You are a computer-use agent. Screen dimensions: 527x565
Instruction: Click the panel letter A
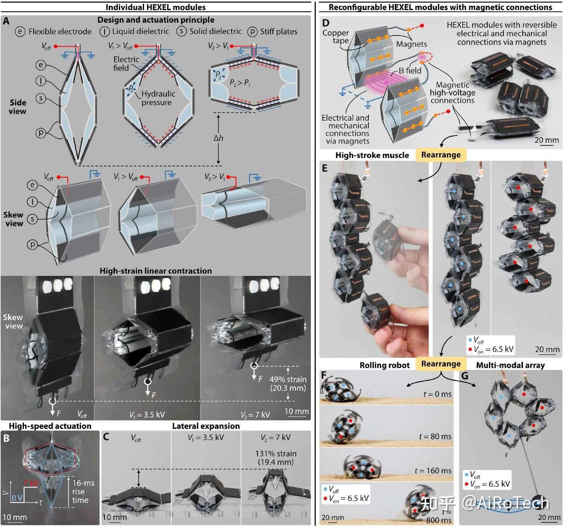tap(6, 21)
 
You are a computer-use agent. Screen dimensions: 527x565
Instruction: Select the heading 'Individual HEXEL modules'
tap(155, 7)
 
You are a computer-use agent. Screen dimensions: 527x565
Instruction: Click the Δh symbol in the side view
tap(218, 138)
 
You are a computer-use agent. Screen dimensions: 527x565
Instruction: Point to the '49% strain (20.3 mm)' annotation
tap(288, 384)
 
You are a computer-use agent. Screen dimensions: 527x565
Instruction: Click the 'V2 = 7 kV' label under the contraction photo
tap(255, 415)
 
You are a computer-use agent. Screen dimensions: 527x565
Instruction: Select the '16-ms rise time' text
tap(83, 491)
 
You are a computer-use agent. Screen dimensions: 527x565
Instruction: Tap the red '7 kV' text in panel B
tap(31, 482)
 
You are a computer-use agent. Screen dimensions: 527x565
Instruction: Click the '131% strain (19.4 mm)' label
tap(276, 458)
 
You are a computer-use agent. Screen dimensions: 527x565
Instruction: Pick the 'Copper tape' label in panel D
tap(336, 37)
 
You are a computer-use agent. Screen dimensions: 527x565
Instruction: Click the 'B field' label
tap(410, 71)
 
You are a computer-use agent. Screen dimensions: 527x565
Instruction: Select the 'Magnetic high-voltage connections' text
tap(452, 93)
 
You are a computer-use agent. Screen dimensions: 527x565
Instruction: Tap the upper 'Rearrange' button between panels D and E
tap(441, 155)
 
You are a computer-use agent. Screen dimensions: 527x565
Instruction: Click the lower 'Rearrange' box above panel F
tap(441, 364)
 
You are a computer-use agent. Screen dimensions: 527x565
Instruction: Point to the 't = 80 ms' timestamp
tap(435, 437)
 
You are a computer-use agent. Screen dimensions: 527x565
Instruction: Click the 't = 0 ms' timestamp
tap(437, 394)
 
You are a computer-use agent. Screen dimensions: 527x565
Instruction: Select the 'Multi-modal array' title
tap(510, 365)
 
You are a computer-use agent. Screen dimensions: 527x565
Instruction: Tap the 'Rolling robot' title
tap(384, 365)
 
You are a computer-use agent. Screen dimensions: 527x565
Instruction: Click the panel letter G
tap(465, 375)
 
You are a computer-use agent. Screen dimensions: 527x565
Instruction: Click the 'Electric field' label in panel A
tap(126, 63)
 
